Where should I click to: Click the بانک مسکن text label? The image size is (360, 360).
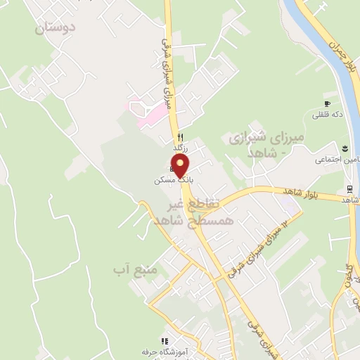click(172, 181)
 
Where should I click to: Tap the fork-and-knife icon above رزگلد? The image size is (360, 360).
click(181, 137)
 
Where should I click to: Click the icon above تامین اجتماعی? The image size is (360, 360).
click(345, 148)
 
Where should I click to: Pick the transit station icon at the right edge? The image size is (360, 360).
click(349, 189)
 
